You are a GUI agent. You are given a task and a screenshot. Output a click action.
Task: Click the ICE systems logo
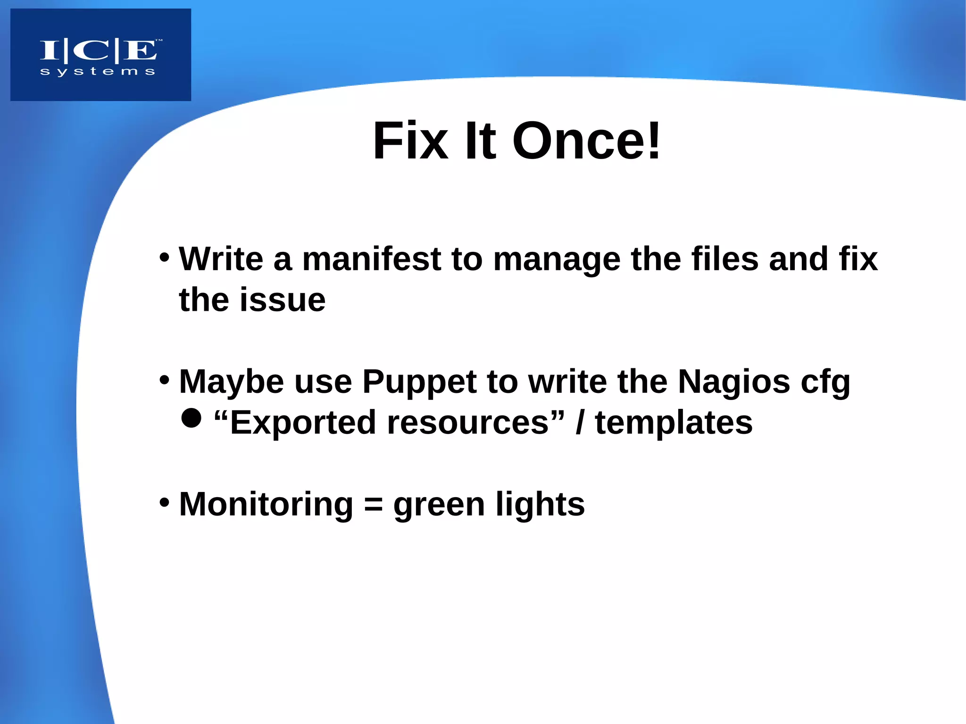point(100,55)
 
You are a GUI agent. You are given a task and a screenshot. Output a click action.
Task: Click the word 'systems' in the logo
point(98,72)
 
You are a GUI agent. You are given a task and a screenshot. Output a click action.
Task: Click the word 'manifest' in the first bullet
point(371,259)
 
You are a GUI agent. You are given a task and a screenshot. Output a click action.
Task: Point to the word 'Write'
point(221,259)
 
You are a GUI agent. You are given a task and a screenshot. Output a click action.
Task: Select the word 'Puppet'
point(419,381)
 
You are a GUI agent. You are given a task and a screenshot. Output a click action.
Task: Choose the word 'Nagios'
point(733,381)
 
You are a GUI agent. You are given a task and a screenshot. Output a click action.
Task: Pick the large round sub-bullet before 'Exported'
point(191,418)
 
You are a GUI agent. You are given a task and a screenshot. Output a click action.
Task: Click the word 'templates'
point(674,423)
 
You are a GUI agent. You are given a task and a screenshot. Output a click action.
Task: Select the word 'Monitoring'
point(266,505)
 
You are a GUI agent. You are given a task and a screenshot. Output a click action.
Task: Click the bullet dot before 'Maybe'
point(164,380)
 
